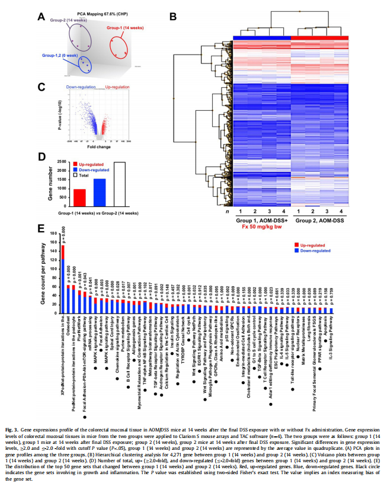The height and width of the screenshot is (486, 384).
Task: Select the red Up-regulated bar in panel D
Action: tap(79, 196)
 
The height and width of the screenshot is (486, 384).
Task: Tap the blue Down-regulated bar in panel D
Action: tap(100, 191)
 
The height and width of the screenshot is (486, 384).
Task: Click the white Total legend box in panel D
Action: tap(75, 175)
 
